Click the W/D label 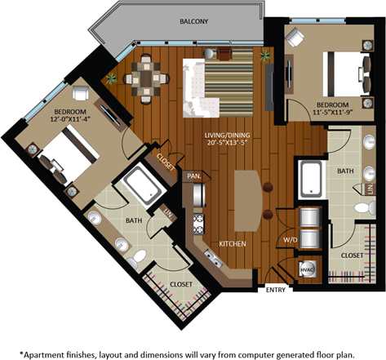(x=290, y=240)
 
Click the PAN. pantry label (x=194, y=176)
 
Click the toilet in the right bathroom (x=362, y=209)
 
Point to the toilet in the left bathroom (x=139, y=257)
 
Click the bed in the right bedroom (x=344, y=74)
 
